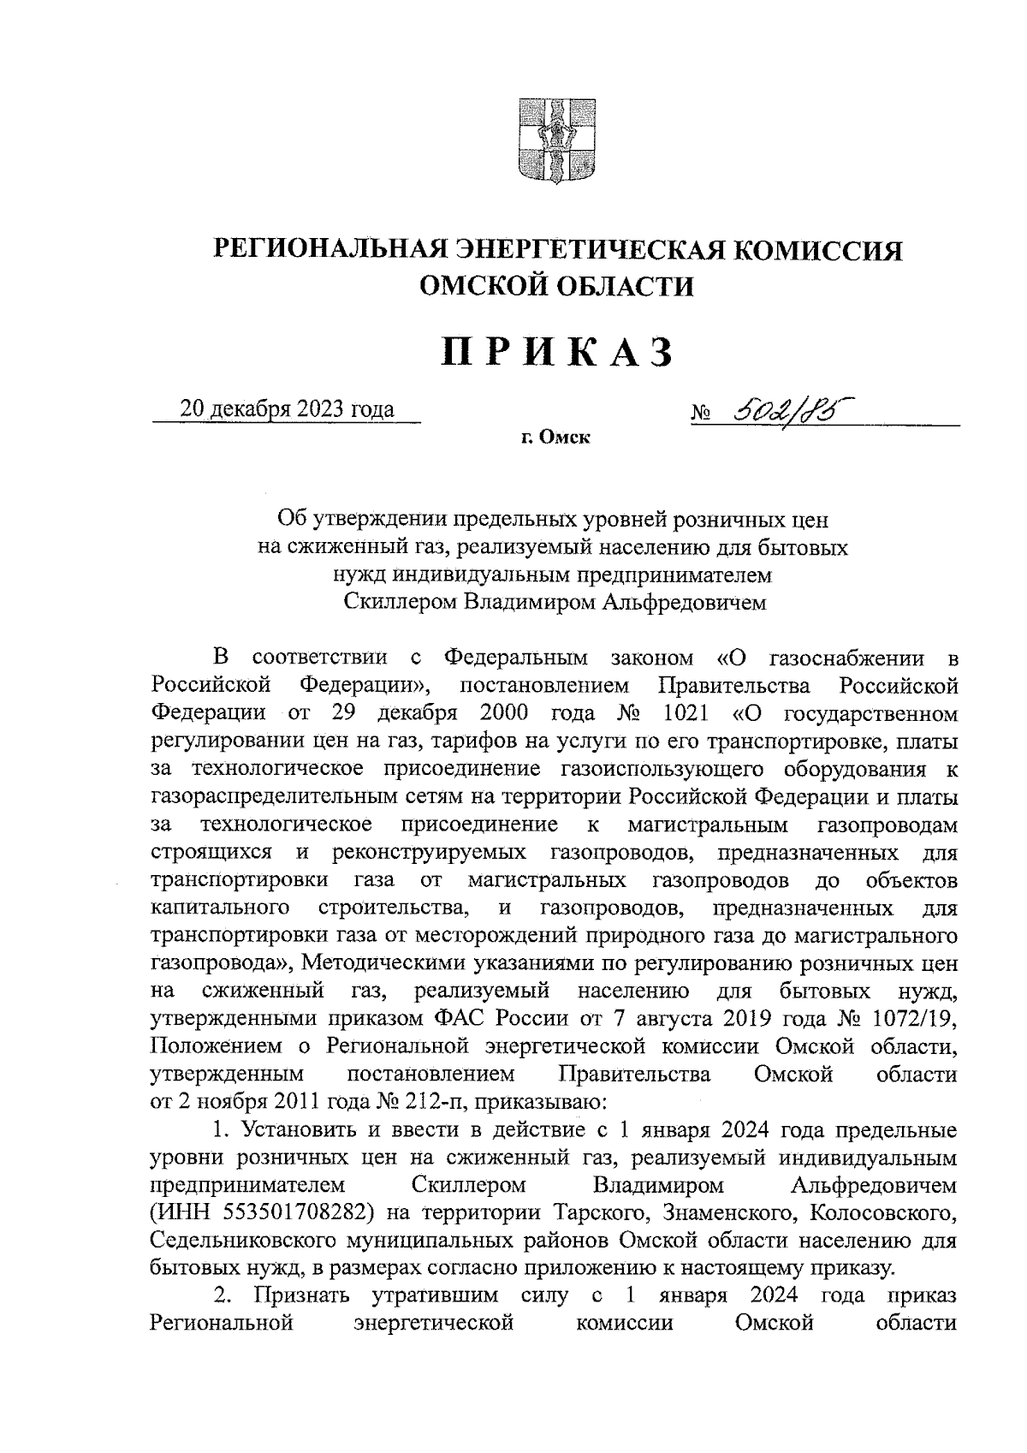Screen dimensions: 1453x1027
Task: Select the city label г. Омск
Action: click(555, 439)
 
